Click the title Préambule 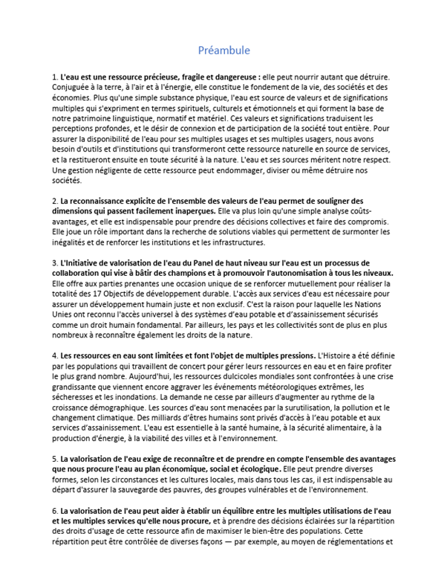pos(223,51)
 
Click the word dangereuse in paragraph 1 pos(229,77)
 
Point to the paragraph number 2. pos(55,201)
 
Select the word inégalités pos(73,242)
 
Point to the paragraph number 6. pos(55,510)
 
